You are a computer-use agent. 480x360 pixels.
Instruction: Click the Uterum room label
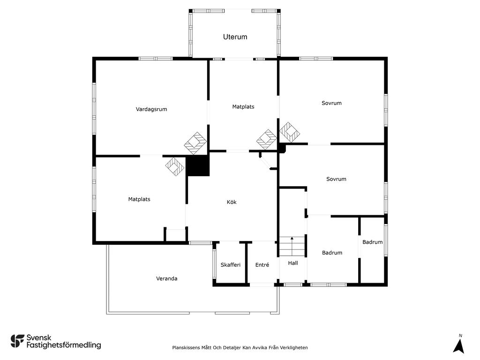(x=235, y=37)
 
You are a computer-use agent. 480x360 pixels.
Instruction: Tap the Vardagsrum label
(x=151, y=109)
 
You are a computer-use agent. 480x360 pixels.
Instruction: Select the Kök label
(x=232, y=202)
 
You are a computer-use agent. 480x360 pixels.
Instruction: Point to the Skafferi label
(x=231, y=265)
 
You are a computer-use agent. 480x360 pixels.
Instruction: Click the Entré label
(x=262, y=265)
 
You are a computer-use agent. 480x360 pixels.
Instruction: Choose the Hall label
(x=293, y=263)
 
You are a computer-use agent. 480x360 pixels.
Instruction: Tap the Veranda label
(x=167, y=278)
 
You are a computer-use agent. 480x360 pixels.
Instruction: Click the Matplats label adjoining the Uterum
(x=243, y=107)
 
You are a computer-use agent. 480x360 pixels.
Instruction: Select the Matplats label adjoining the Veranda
(x=139, y=199)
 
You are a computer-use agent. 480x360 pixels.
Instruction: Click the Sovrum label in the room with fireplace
(x=331, y=103)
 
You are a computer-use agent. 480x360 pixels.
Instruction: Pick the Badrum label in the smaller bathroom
(x=373, y=242)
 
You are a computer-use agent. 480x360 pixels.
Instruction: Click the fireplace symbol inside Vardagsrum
(x=195, y=143)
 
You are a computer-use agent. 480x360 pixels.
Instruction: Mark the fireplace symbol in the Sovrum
(x=289, y=132)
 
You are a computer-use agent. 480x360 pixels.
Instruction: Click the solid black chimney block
(x=198, y=165)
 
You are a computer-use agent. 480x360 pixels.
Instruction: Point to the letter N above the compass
(x=460, y=336)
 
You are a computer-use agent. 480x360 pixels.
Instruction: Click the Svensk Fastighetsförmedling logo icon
(x=17, y=341)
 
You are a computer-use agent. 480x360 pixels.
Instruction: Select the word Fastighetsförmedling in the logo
(x=64, y=345)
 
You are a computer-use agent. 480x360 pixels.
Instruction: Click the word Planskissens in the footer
(x=186, y=347)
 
